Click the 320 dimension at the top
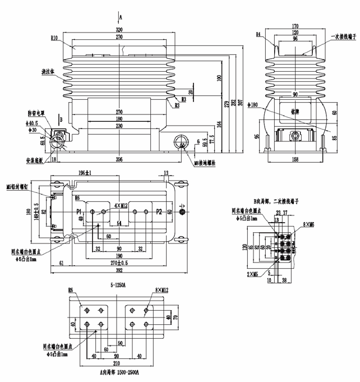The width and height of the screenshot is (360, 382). [119, 29]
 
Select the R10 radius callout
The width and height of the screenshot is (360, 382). [54, 38]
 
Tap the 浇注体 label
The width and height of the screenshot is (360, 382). [49, 72]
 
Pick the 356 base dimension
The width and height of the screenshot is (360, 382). [119, 159]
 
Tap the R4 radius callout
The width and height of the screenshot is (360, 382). [260, 34]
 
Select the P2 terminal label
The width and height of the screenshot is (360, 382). [160, 211]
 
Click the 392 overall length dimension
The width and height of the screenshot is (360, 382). [119, 269]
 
